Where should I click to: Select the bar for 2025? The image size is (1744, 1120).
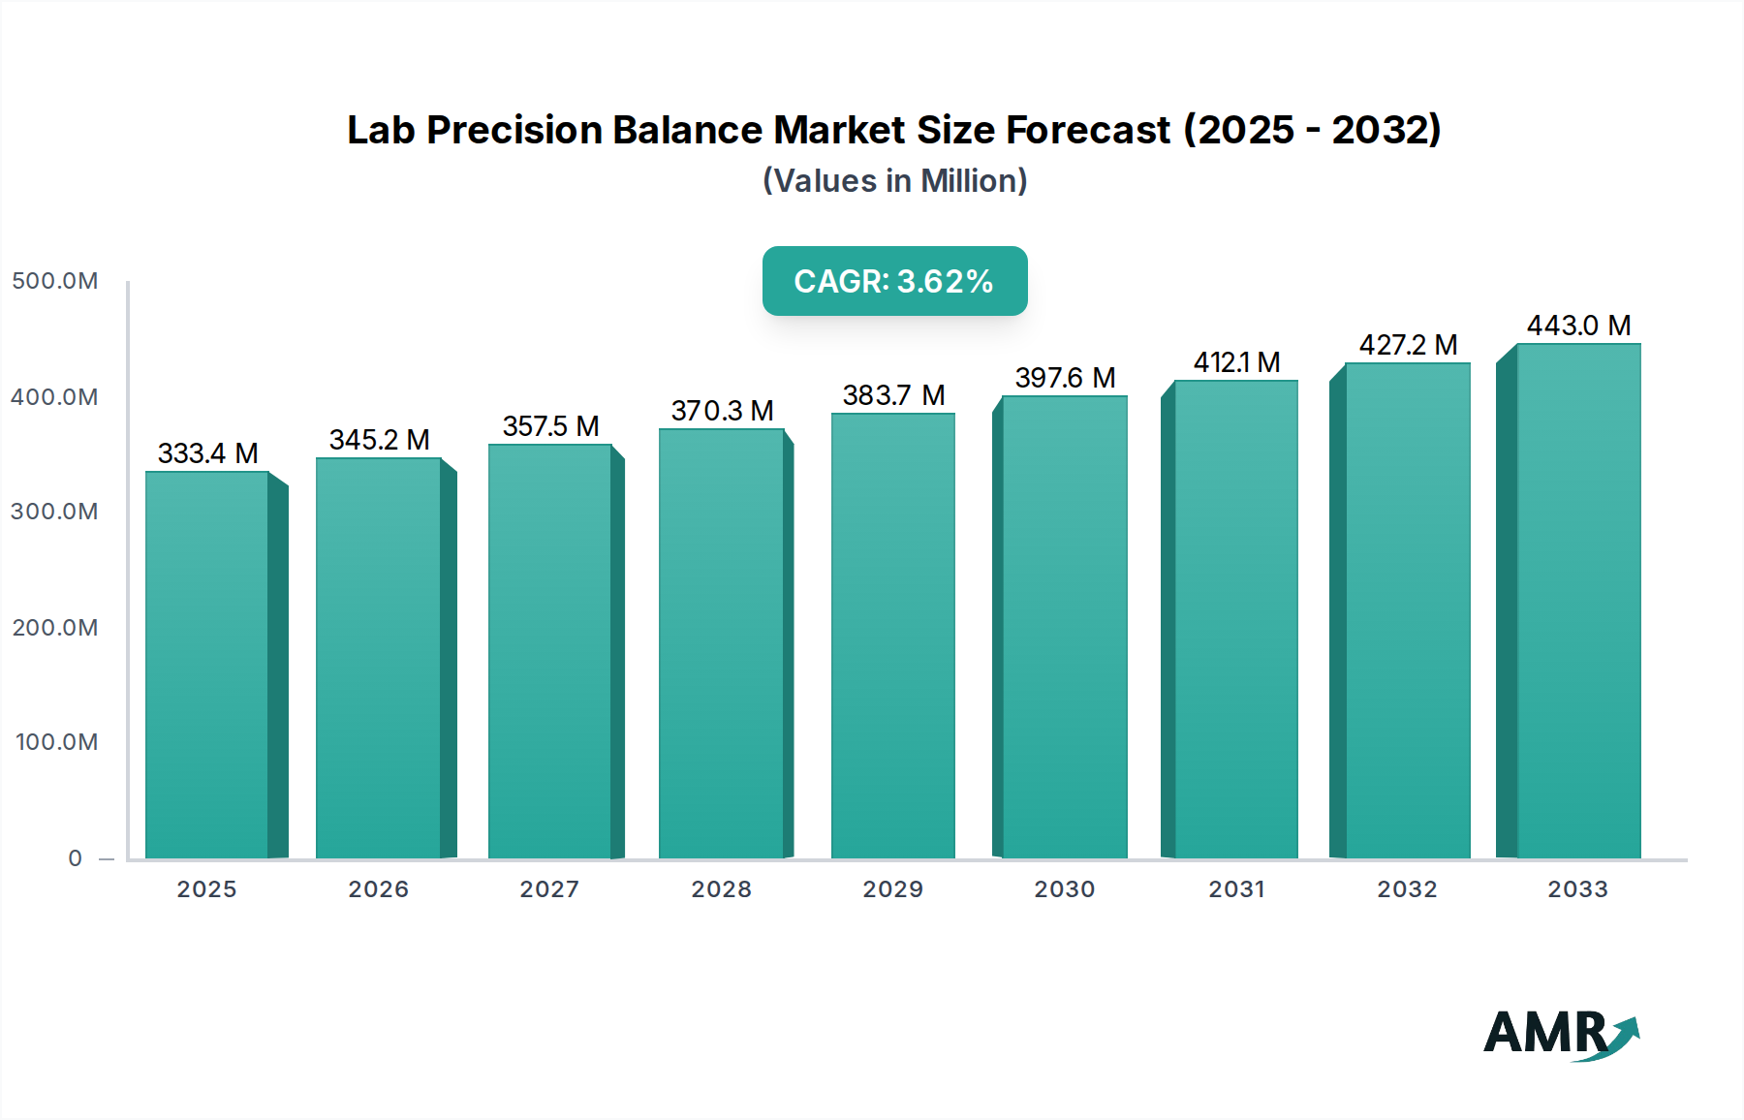(206, 665)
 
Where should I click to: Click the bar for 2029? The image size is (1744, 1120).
(892, 636)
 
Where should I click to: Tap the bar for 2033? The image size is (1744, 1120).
(1578, 601)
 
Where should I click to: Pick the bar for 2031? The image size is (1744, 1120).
(1235, 619)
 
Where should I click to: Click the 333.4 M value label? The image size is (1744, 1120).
(207, 453)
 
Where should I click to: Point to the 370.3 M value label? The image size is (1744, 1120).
(722, 411)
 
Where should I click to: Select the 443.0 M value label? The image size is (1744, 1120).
(1578, 326)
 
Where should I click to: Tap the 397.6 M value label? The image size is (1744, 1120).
(1065, 378)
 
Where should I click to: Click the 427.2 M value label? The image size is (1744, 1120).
(1408, 345)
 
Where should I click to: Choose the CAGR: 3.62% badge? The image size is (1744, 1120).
(894, 281)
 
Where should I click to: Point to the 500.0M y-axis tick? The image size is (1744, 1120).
(55, 281)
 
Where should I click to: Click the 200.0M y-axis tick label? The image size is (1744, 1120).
(55, 628)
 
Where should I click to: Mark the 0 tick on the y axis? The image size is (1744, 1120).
(75, 858)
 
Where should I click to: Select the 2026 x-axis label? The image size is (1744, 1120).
(378, 889)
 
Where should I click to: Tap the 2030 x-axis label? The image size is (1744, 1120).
(1064, 889)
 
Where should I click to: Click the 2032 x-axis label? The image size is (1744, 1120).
(1407, 889)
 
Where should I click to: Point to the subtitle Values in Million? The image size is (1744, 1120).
(894, 181)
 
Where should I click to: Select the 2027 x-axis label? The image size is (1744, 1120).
(549, 889)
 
